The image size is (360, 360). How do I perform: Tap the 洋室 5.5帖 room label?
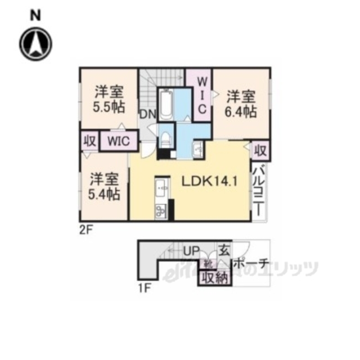click(109, 98)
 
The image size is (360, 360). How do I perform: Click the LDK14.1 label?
click(208, 182)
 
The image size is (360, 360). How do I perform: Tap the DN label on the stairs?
click(148, 115)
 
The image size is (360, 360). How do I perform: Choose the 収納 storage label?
click(214, 277)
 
